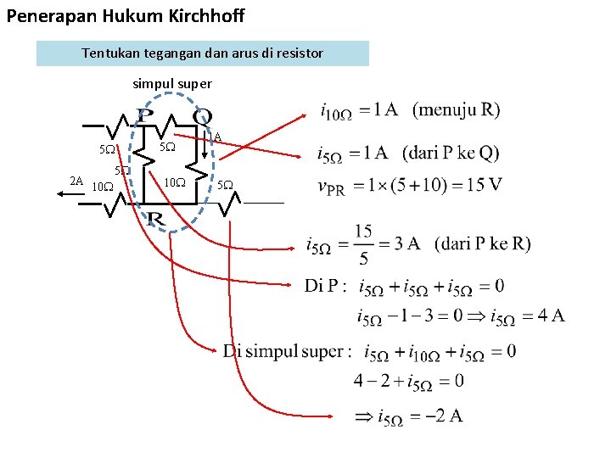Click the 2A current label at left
[76, 181]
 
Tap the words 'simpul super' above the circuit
[172, 84]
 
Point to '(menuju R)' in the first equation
[456, 109]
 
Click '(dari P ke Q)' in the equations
[451, 154]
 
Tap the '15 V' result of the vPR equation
[484, 185]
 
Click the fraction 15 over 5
[363, 243]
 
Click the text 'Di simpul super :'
[284, 351]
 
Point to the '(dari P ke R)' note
[482, 243]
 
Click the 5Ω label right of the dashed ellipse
[225, 184]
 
